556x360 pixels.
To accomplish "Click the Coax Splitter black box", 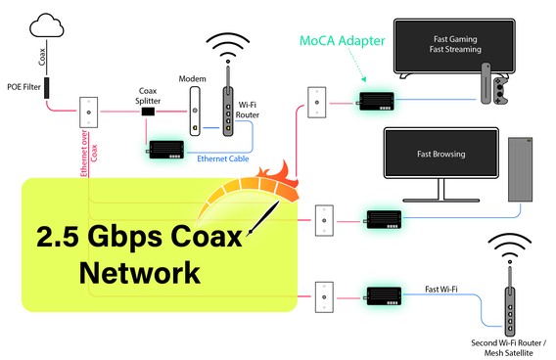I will coord(150,112).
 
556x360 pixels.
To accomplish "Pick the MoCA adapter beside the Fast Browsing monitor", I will coord(385,217).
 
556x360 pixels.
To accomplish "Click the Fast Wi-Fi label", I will coord(443,288).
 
